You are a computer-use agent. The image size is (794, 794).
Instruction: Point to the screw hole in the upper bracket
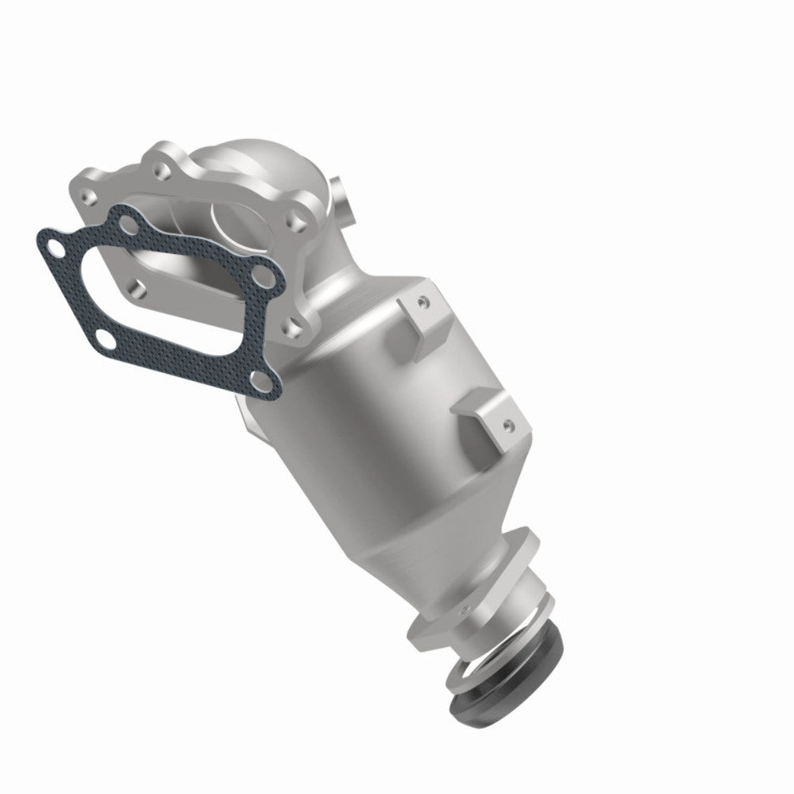click(x=423, y=302)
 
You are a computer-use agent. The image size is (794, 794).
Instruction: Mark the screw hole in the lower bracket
click(x=506, y=425)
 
